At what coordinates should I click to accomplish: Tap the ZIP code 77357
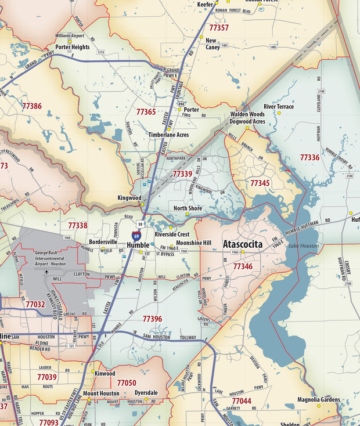219,27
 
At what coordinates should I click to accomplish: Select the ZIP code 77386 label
31,106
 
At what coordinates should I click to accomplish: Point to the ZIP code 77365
146,111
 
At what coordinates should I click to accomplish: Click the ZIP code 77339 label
182,174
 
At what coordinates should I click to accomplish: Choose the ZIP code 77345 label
260,183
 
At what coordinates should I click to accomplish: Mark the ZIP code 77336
309,157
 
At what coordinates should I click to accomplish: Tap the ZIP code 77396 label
152,319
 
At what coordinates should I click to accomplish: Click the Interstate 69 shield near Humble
136,235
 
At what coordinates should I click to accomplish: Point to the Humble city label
138,246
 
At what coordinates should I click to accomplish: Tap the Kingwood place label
129,198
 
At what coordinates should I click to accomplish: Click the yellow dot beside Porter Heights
70,41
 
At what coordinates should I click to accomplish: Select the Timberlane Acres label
168,134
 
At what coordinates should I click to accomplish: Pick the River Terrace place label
279,107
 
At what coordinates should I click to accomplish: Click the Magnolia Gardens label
318,399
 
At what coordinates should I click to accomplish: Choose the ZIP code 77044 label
242,401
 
